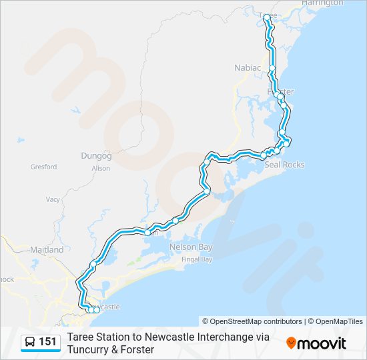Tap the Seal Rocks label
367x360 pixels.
click(284, 165)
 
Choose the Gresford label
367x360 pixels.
click(43, 167)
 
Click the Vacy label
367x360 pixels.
click(53, 199)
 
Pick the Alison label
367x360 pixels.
click(101, 169)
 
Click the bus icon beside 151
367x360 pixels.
click(31, 342)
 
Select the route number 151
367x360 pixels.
click(47, 342)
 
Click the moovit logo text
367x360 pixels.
click(322, 343)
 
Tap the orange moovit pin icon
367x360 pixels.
click(291, 343)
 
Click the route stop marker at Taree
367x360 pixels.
click(267, 17)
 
